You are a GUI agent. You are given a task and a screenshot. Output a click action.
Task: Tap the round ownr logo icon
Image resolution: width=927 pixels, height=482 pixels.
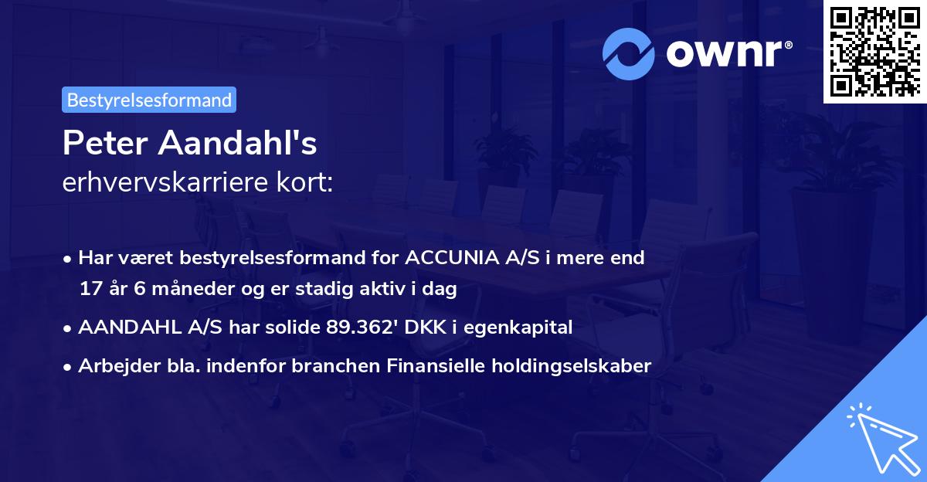[x=629, y=54]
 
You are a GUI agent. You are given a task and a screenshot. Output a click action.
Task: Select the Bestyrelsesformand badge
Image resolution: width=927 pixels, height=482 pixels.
[x=149, y=100]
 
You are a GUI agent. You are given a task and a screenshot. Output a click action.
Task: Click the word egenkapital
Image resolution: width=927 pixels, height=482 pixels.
[x=526, y=328]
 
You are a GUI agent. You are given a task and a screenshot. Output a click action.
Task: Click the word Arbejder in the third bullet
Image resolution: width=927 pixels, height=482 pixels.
[x=112, y=366]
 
